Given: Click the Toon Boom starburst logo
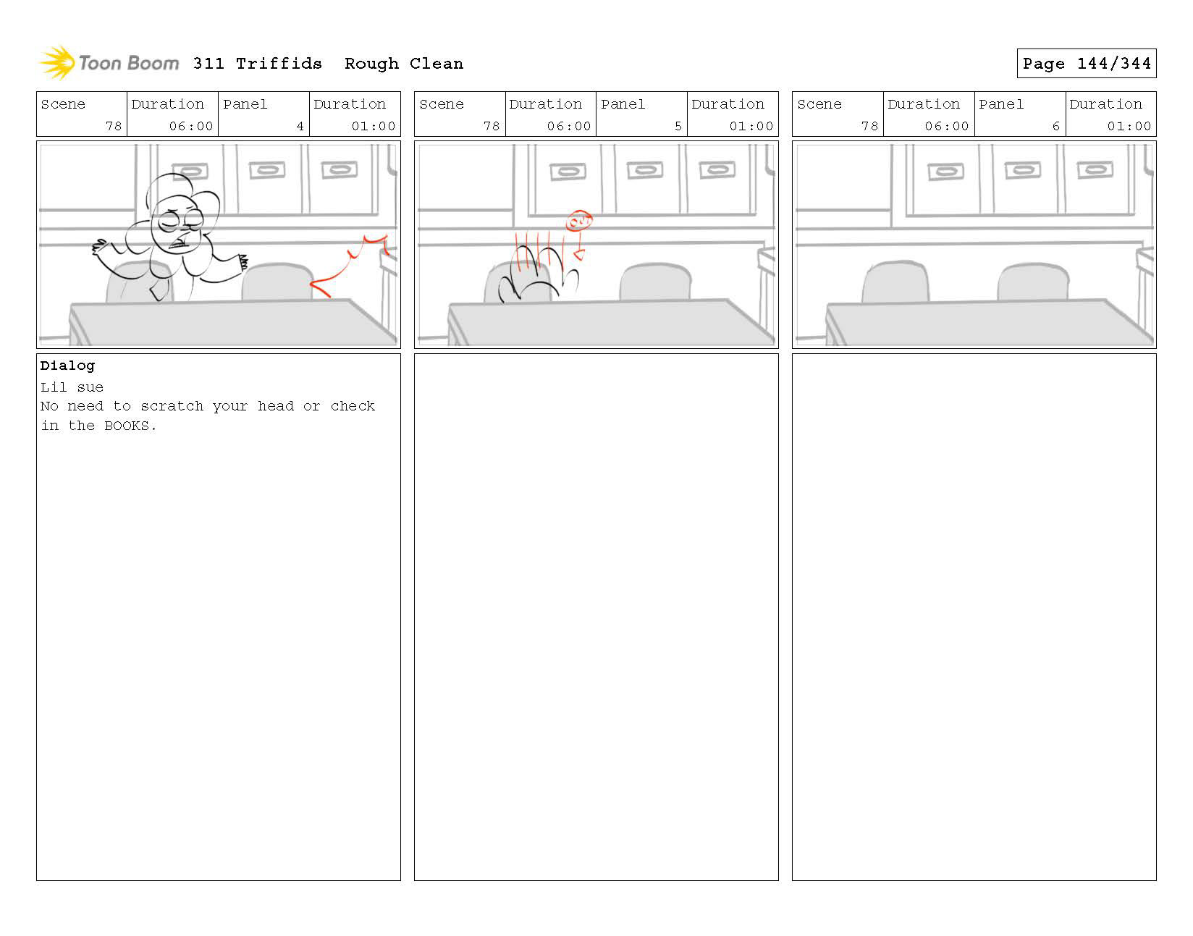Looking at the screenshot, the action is pos(56,62).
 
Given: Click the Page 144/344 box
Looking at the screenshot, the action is pos(1086,63).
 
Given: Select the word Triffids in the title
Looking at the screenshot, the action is pos(279,64).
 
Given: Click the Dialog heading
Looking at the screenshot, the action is pos(67,366).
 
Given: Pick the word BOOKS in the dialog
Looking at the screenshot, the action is pos(126,426).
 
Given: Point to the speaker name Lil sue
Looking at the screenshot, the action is pos(72,387).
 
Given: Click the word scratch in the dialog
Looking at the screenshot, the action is pos(172,406).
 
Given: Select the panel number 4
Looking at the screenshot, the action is pos(300,126).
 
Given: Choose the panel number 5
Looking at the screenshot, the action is pos(678,126).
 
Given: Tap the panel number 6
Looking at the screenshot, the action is pos(1055,126).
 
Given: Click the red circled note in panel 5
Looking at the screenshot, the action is pos(578,221).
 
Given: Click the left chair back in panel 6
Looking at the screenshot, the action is pos(895,282).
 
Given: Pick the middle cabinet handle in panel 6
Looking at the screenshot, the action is pos(1022,170).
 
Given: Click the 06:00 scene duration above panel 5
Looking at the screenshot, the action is pos(569,126).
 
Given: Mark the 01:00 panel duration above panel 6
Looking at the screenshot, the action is pos(1129,126).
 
